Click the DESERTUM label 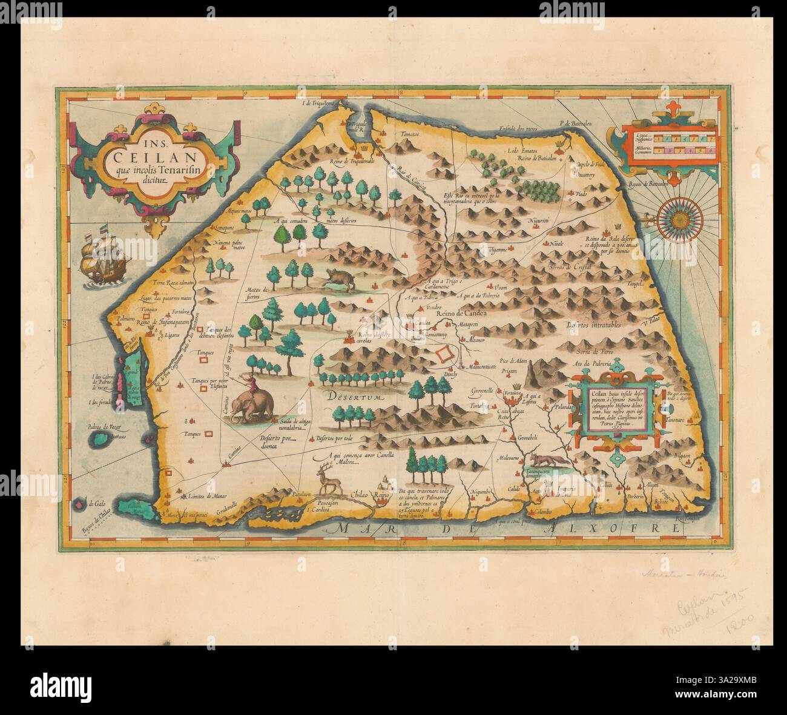354,398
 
